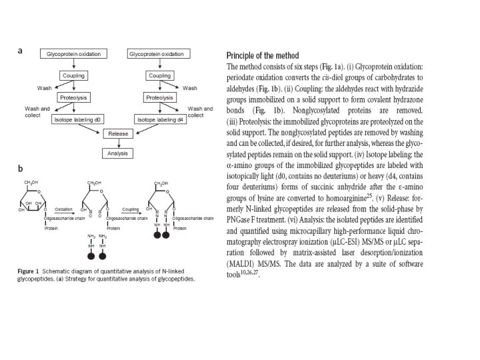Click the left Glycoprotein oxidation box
click(73, 53)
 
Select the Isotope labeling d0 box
click(77, 119)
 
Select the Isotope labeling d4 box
click(159, 119)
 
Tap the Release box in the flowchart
click(117, 134)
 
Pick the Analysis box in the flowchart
click(117, 153)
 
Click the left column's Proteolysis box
click(73, 97)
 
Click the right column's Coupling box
click(159, 75)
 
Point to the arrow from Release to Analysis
click(117, 144)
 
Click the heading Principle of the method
click(263, 55)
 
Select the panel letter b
click(20, 169)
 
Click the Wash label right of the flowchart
click(189, 88)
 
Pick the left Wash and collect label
click(37, 111)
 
